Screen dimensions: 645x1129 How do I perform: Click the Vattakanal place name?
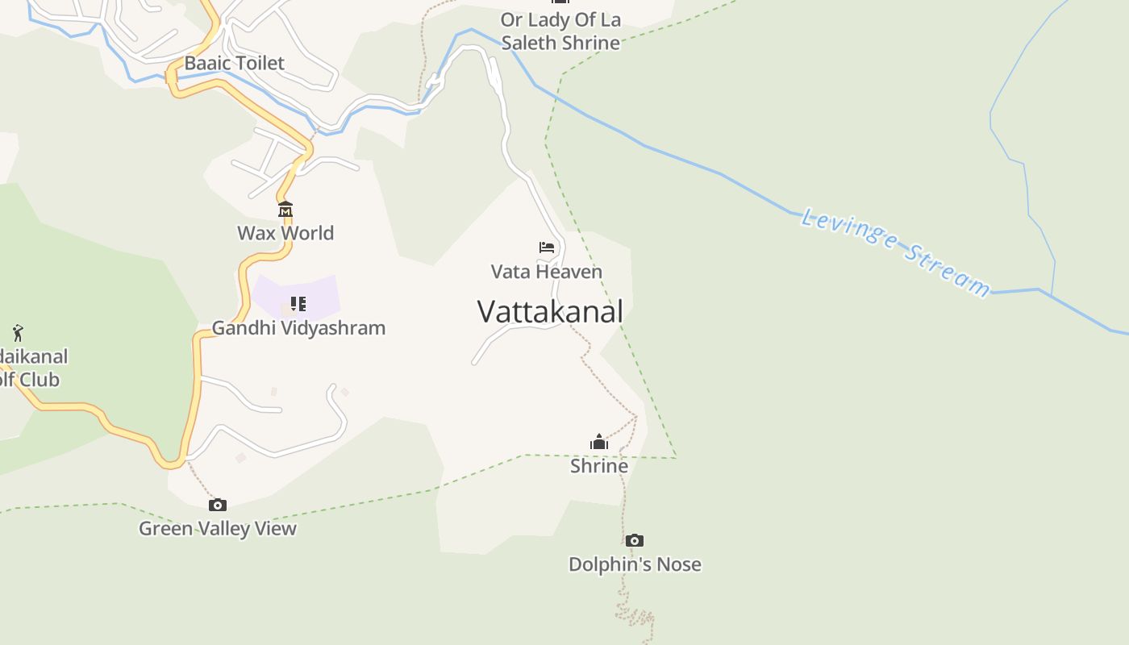550,312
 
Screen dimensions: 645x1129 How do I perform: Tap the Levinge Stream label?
895,252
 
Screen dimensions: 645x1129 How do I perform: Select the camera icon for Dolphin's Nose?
635,541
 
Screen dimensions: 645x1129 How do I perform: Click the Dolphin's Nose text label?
635,564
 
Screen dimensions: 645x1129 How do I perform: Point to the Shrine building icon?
599,442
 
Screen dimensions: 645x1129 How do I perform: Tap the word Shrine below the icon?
599,466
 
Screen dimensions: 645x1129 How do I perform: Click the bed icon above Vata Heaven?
547,248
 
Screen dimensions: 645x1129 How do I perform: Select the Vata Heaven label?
547,272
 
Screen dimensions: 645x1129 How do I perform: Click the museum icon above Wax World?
285,210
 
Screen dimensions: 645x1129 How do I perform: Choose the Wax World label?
285,233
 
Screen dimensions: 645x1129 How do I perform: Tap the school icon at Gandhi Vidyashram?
298,304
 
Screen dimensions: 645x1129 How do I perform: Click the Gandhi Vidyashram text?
298,328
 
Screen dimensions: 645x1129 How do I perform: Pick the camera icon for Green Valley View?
218,506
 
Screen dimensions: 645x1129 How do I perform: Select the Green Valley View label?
218,529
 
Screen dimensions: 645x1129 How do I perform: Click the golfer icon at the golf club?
18,332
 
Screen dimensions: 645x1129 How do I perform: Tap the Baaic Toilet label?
234,63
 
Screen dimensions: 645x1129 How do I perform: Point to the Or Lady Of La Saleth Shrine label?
560,31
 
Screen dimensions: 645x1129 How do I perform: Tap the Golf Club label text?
30,380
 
